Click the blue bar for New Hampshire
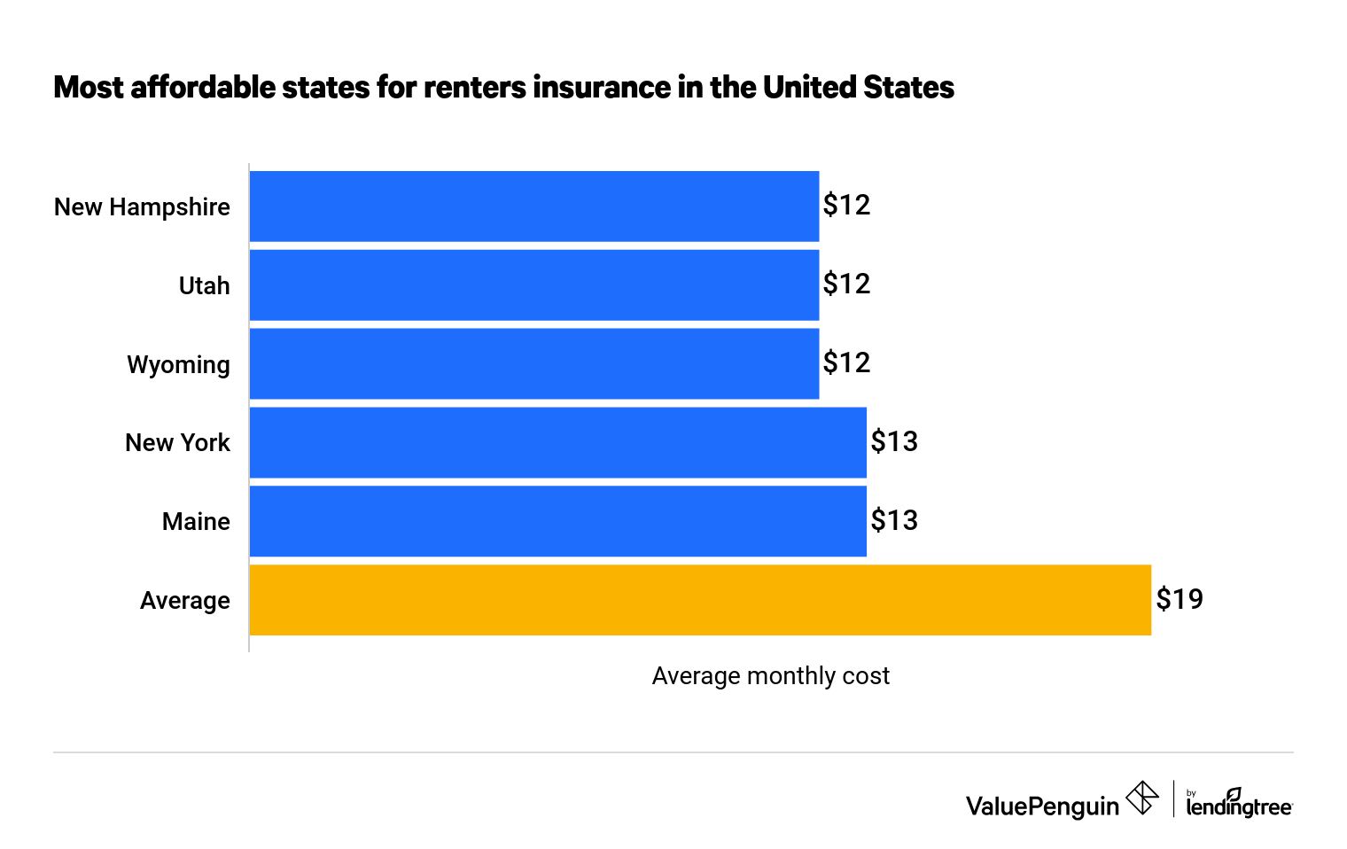click(533, 206)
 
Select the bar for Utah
click(533, 284)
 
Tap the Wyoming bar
click(533, 363)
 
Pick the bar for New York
click(557, 442)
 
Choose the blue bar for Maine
click(557, 521)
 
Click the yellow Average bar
click(700, 600)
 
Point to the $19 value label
click(1180, 600)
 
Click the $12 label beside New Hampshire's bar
click(846, 206)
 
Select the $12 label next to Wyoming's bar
click(846, 362)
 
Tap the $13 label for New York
click(894, 441)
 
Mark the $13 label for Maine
click(894, 520)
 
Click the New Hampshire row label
click(142, 207)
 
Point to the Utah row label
click(204, 286)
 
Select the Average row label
click(184, 601)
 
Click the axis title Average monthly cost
click(770, 676)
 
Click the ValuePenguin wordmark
click(1042, 806)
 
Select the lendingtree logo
click(1239, 803)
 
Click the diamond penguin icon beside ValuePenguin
click(1142, 798)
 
